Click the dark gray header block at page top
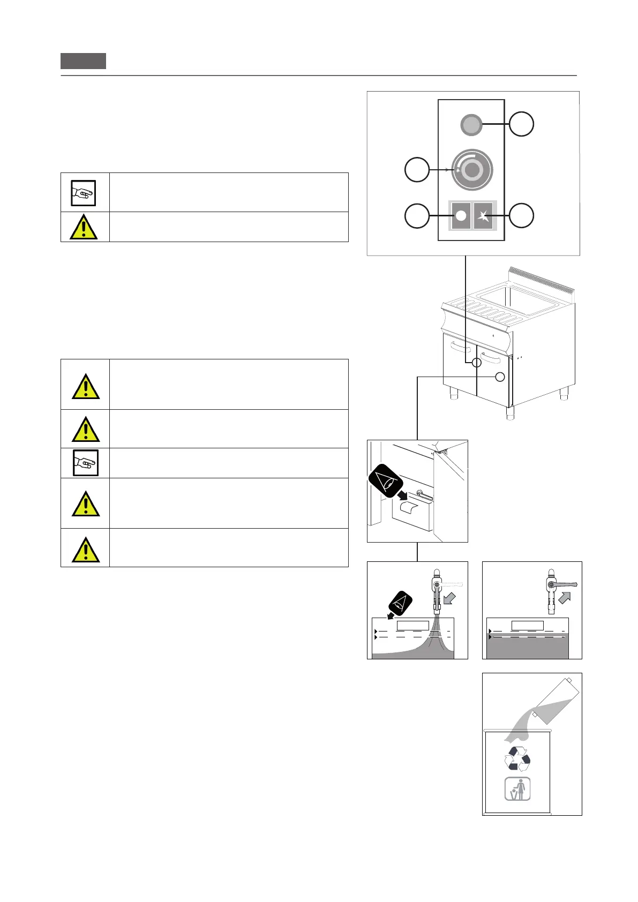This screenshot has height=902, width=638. pyautogui.click(x=83, y=61)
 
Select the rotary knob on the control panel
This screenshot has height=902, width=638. pyautogui.click(x=471, y=170)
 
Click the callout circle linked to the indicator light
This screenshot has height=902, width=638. pyautogui.click(x=521, y=124)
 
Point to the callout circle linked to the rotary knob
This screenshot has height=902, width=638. pyautogui.click(x=417, y=170)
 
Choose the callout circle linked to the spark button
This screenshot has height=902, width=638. pyautogui.click(x=521, y=215)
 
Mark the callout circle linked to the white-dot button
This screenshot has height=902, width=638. pyautogui.click(x=417, y=215)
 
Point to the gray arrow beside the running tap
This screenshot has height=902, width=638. pyautogui.click(x=450, y=598)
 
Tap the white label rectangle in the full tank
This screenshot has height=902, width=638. pyautogui.click(x=528, y=626)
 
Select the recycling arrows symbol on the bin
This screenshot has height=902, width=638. pyautogui.click(x=517, y=759)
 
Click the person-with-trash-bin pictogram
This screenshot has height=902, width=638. pyautogui.click(x=517, y=789)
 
